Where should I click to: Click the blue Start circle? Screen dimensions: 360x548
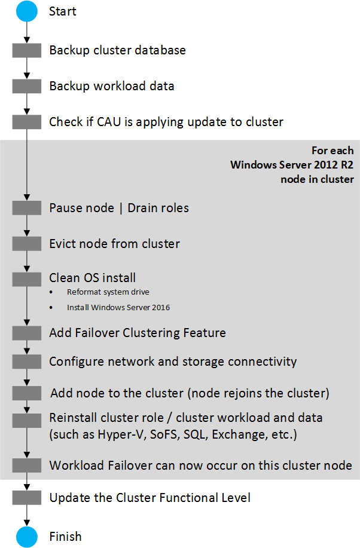[x=26, y=11]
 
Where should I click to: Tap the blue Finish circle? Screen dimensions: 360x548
[x=26, y=537]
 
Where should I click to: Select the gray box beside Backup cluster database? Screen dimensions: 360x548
[x=26, y=50]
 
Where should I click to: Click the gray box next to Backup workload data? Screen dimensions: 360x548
[x=26, y=86]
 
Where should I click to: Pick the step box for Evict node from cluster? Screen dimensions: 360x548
[x=26, y=244]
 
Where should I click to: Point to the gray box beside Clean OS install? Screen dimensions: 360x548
[x=26, y=279]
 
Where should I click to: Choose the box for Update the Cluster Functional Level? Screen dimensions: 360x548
[x=26, y=498]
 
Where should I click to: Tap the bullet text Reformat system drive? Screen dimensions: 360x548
[x=108, y=292]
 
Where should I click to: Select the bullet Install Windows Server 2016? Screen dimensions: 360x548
[x=118, y=308]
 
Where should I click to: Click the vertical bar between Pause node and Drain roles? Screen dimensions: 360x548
[x=121, y=209]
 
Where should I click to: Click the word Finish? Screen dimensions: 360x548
[x=65, y=537]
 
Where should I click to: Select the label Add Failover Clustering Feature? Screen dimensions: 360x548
[x=138, y=333]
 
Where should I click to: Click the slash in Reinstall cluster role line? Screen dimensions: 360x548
[x=170, y=418]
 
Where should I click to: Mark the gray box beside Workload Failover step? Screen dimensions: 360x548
[x=26, y=466]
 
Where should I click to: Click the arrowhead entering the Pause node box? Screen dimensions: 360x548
[x=26, y=197]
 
